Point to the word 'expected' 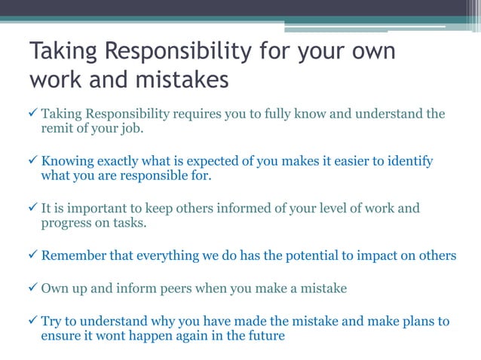(213, 161)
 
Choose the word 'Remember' (74, 255)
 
